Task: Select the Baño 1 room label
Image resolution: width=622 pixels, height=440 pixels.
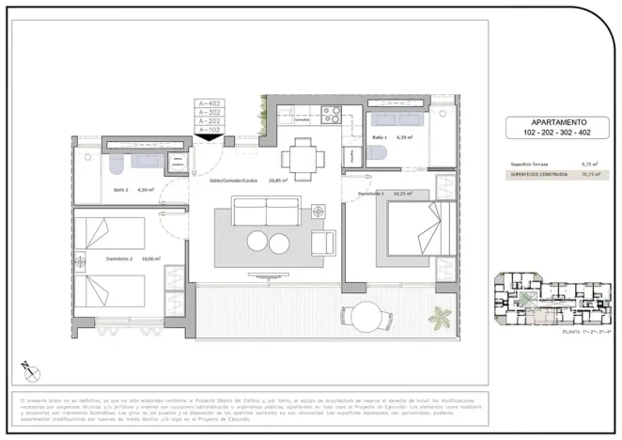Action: coord(380,138)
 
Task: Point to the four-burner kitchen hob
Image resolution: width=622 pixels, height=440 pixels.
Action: coord(332,116)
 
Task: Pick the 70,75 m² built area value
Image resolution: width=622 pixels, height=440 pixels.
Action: coord(591,174)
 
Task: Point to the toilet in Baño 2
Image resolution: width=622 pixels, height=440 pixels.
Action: coord(112,165)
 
